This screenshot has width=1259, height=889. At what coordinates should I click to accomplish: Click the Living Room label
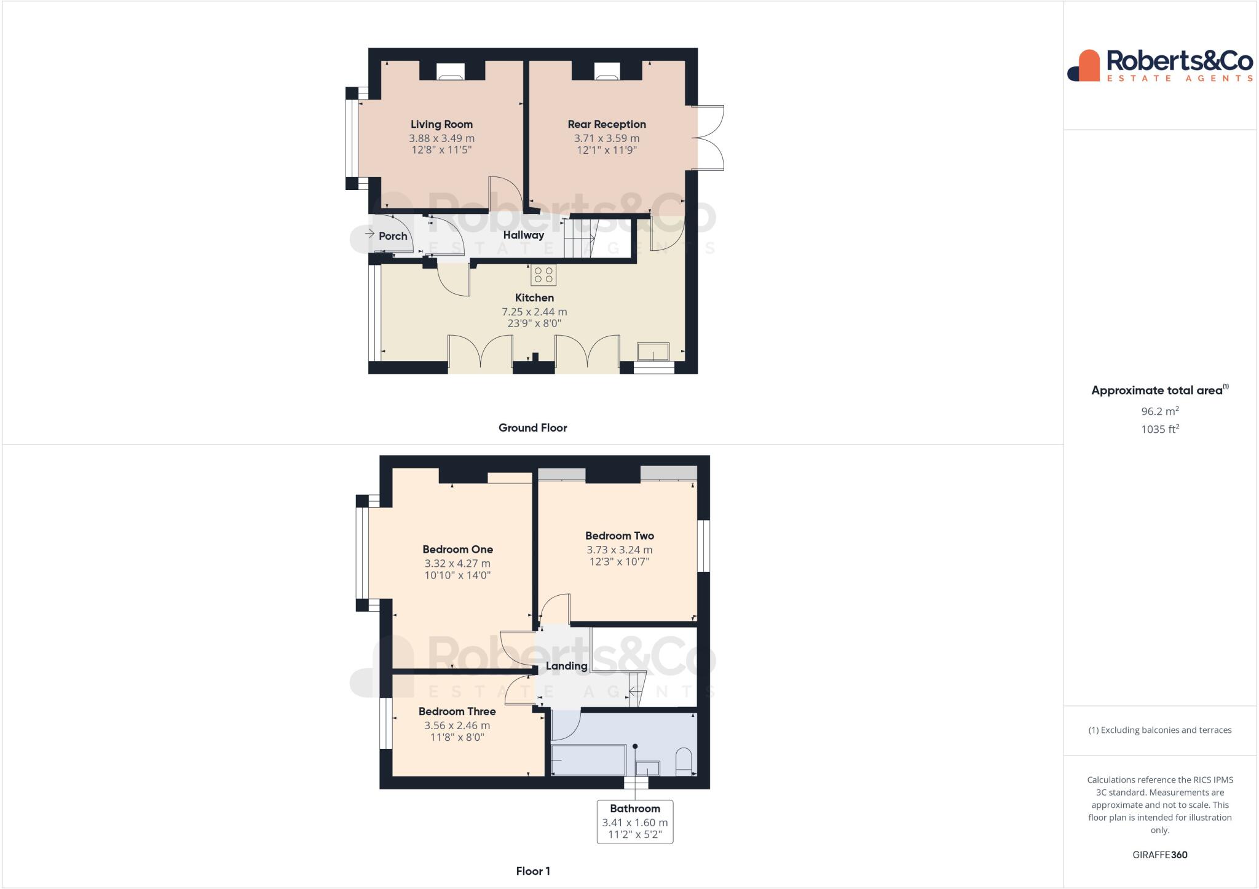(x=441, y=124)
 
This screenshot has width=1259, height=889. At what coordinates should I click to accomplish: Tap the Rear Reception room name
(x=606, y=124)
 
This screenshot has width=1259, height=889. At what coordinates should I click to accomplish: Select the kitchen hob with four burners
(x=543, y=275)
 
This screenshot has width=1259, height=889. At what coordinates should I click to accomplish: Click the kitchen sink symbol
(x=653, y=352)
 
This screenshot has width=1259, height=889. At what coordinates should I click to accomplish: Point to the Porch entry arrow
(x=369, y=234)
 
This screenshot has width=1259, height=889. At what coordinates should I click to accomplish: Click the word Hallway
(x=523, y=235)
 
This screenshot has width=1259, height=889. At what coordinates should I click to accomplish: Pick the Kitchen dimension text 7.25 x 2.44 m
(x=534, y=312)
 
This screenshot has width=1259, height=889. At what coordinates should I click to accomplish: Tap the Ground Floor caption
(x=532, y=428)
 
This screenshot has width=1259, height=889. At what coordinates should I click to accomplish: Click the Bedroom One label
(x=457, y=550)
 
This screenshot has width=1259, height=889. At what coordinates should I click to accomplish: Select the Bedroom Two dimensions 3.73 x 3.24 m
(x=619, y=550)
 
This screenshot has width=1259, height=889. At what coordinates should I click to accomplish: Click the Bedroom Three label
(x=457, y=711)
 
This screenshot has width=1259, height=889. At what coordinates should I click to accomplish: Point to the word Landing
(x=566, y=666)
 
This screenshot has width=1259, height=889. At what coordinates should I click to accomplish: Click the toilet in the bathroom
(x=684, y=761)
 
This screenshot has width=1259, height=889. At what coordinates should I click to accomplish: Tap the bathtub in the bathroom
(x=588, y=760)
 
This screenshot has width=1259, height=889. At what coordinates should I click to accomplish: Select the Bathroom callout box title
(x=634, y=808)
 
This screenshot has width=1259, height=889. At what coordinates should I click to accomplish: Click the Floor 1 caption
(x=532, y=871)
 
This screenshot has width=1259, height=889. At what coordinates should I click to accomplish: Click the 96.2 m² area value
(x=1159, y=411)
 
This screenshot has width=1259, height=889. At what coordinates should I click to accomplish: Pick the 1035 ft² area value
(x=1159, y=429)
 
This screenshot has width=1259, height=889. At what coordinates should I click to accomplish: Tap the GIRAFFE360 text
(x=1159, y=855)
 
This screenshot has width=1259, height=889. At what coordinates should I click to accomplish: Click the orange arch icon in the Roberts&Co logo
(x=1089, y=66)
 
